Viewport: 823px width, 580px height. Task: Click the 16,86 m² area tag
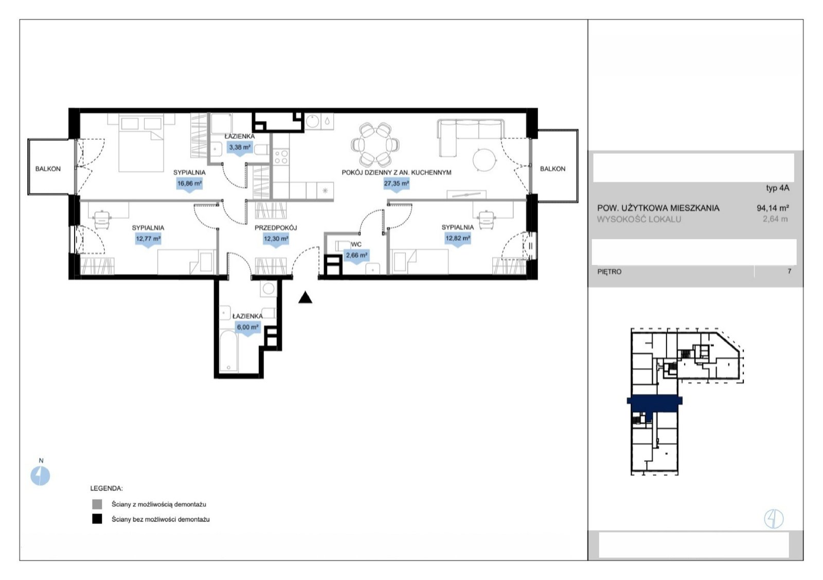click(190, 184)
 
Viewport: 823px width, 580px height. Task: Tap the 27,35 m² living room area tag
click(396, 184)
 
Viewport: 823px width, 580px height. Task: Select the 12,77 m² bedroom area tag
click(148, 239)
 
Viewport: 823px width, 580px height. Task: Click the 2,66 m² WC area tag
click(356, 255)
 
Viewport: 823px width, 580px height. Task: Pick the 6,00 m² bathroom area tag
click(247, 328)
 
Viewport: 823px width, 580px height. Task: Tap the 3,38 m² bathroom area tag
click(240, 148)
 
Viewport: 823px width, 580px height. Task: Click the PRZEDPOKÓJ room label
click(276, 228)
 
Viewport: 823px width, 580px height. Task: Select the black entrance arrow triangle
click(305, 298)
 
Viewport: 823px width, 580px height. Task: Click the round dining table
click(375, 144)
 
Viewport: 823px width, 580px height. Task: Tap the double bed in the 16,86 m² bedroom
click(141, 143)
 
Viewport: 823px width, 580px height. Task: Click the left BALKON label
click(48, 169)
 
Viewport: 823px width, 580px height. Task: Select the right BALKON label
click(552, 169)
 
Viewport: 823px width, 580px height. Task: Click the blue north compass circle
click(40, 476)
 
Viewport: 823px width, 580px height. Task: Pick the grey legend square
click(97, 504)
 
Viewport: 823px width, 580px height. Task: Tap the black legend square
click(97, 519)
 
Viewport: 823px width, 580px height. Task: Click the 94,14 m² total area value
click(773, 208)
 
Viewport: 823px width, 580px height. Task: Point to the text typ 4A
click(777, 188)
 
